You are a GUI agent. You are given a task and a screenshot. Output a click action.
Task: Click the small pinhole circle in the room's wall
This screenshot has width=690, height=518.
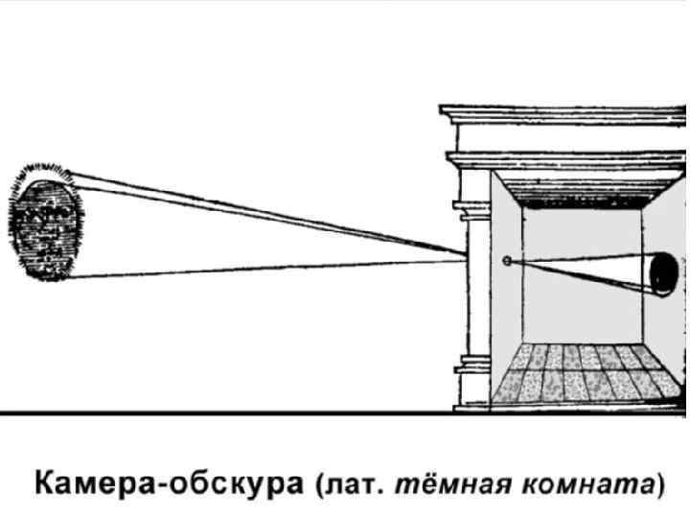coord(507,260)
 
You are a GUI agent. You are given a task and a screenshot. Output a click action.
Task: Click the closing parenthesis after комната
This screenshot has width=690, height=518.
coord(659,483)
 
